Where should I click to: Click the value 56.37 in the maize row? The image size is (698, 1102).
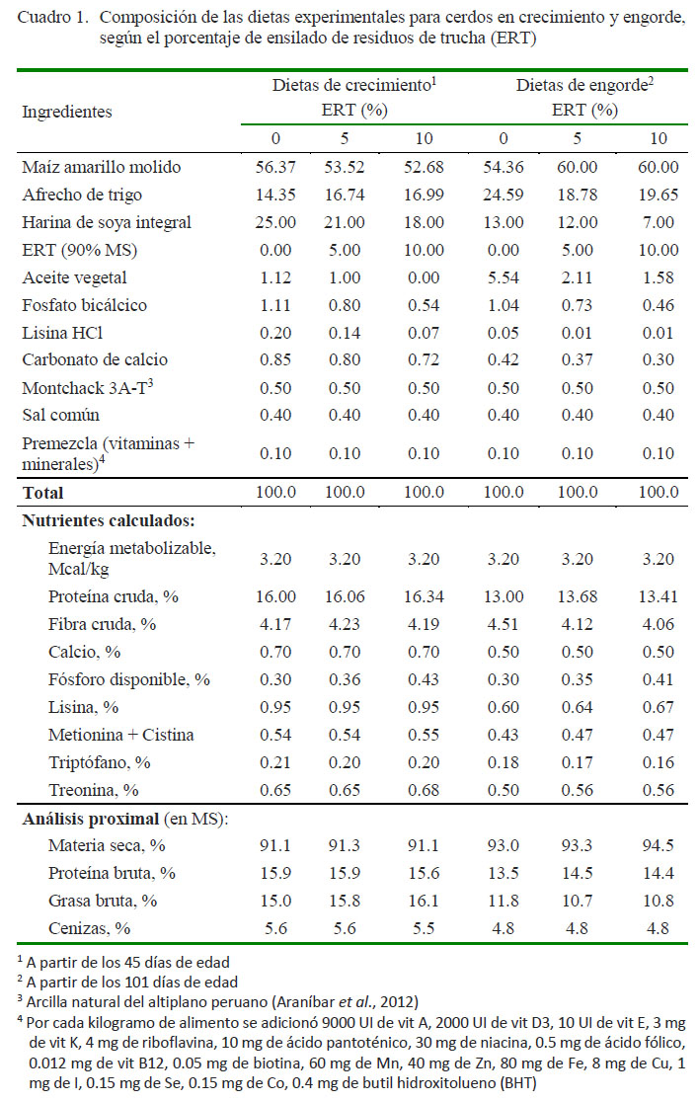coord(275,167)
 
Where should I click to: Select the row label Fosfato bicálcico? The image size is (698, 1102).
coord(84,305)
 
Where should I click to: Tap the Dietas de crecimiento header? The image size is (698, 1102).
coord(351,85)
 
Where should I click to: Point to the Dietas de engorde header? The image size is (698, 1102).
coord(582,85)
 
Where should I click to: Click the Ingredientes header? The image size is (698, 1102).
coord(67,112)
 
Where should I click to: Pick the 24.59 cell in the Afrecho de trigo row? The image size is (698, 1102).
coord(504,195)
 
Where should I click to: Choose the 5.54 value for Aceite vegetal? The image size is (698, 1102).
coord(504,277)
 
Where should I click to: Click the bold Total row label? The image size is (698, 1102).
coord(42,493)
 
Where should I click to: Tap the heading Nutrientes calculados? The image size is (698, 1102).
coord(109,520)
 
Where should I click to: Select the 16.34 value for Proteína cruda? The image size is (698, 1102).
coord(424,596)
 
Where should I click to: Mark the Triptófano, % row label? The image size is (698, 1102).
coord(99,762)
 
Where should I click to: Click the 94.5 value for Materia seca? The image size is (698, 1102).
coord(658,845)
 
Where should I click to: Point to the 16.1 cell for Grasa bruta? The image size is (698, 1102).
coord(424,901)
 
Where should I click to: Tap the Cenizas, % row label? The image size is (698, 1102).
coord(89,928)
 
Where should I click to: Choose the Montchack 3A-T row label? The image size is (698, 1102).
coord(87,387)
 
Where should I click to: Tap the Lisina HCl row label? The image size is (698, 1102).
coord(62,333)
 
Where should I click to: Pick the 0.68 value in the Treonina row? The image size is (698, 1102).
coord(424,790)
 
